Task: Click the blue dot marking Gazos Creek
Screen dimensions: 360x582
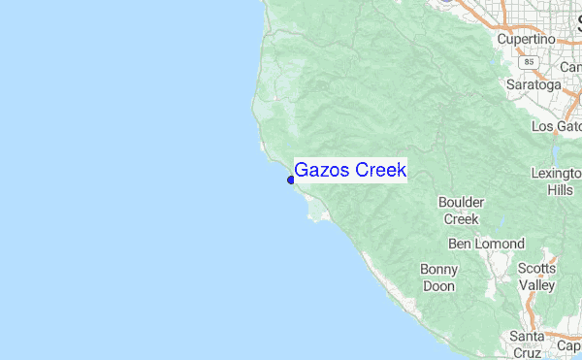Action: click(x=291, y=180)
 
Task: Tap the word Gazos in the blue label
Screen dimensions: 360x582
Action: click(x=322, y=170)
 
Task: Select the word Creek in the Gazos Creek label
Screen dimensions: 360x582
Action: click(x=380, y=170)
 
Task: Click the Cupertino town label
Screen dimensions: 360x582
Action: click(x=526, y=39)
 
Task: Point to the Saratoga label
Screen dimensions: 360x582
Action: click(x=533, y=84)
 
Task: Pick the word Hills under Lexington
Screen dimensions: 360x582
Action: click(x=560, y=190)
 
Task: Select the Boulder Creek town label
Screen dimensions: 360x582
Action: click(x=460, y=211)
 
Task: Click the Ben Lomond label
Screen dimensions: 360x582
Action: click(x=486, y=244)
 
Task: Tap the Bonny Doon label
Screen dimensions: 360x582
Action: click(x=438, y=278)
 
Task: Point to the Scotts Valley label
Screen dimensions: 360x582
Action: click(x=536, y=277)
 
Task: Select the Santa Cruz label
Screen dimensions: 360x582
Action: click(x=528, y=344)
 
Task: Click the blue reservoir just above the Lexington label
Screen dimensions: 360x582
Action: click(x=555, y=153)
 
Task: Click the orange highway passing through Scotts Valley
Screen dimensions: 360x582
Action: click(x=531, y=300)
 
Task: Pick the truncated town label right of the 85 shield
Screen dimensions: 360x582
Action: click(x=570, y=68)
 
